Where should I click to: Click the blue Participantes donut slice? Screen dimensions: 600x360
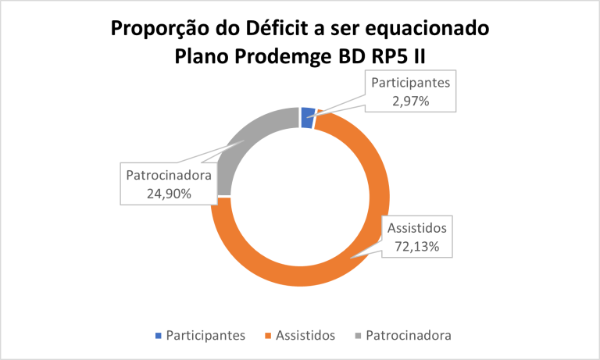coord(308,117)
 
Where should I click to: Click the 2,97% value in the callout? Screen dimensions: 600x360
coord(411,101)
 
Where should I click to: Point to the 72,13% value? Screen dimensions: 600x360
coord(416,246)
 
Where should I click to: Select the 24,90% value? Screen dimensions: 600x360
coord(169,194)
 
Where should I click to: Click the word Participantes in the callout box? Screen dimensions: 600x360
coord(411,83)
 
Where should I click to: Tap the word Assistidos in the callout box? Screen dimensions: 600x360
coord(416,228)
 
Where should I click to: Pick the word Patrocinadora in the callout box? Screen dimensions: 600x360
coord(169,175)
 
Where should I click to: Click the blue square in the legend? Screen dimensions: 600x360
coord(159,336)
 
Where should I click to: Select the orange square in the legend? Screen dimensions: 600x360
coord(268,336)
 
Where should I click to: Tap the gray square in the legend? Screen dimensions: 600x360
coord(358,336)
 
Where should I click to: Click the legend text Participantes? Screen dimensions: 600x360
coord(205,336)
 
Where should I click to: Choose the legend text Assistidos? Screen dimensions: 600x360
coord(305,336)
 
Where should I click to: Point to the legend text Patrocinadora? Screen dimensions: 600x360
coord(409,336)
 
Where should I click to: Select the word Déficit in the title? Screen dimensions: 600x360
coord(277,27)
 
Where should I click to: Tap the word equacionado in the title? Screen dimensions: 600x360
coord(427,29)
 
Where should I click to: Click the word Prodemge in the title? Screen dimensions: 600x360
coord(283,57)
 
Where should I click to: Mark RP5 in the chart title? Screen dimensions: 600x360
coord(390,56)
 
